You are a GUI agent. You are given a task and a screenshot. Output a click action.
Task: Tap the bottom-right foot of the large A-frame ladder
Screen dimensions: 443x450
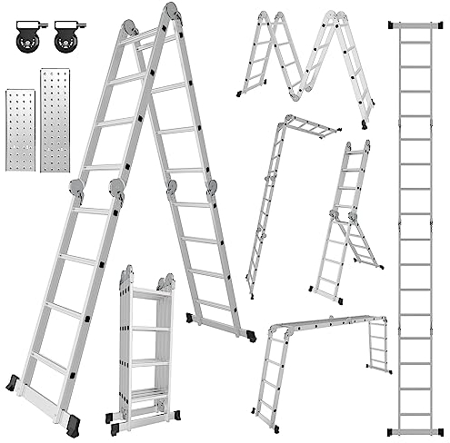tap(245, 330)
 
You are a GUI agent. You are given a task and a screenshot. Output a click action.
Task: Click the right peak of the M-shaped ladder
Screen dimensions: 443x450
tap(334, 15)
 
